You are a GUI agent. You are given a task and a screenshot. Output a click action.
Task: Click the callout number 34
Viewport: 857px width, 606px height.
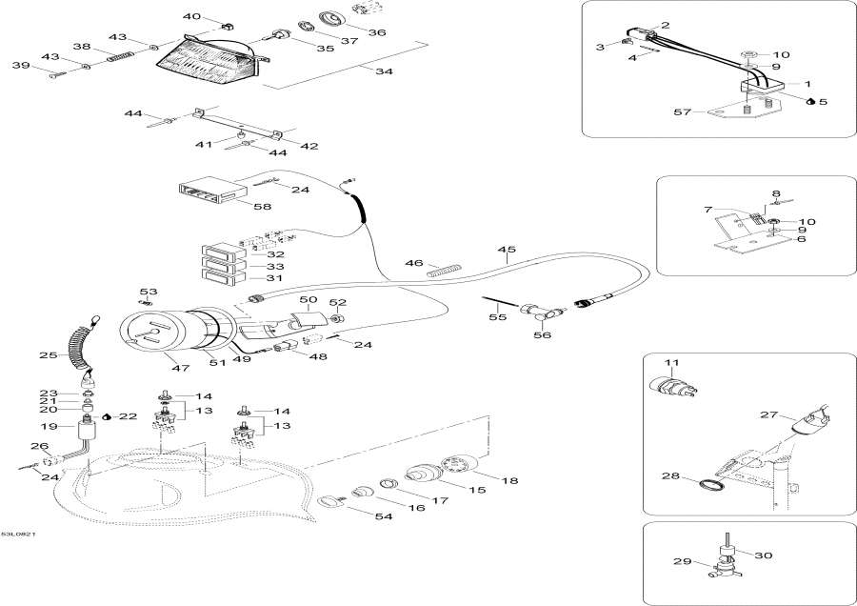[x=384, y=72]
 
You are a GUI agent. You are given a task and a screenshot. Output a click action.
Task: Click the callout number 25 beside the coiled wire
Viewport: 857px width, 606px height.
[x=48, y=355]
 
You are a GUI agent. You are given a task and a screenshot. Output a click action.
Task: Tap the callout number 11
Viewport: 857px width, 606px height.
[x=671, y=363]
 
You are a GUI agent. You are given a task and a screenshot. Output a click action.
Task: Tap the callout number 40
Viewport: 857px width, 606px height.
[x=192, y=16]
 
